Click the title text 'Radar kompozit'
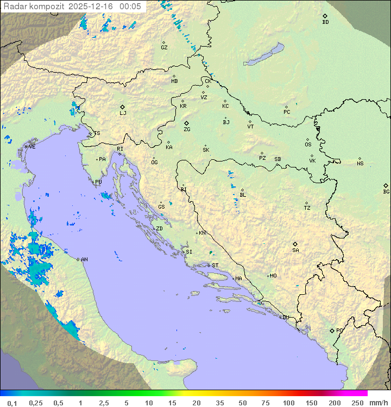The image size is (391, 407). [33, 6]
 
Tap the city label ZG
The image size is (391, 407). [187, 130]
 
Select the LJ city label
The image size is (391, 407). [123, 113]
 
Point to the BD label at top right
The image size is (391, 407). [325, 22]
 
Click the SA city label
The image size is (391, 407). [295, 250]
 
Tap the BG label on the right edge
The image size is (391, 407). [386, 192]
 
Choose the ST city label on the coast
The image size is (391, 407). [215, 266]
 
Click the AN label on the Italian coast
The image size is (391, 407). [84, 260]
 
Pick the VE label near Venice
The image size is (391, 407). [32, 147]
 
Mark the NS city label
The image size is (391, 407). [360, 164]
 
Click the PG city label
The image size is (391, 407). [339, 331]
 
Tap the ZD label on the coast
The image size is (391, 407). [159, 229]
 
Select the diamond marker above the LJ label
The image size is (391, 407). [123, 107]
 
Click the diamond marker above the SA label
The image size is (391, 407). [295, 244]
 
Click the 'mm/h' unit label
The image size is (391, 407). [378, 403]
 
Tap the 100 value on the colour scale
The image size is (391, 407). [288, 403]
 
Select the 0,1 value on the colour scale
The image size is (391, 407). [12, 403]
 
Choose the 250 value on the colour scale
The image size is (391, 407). [357, 403]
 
